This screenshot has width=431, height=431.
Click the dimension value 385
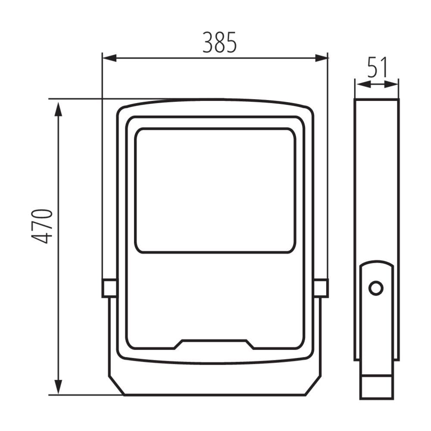[x=220, y=42]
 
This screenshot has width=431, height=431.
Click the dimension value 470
[x=42, y=226]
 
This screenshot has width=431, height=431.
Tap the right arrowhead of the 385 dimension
[x=322, y=58]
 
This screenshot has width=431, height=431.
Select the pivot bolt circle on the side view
[x=376, y=288]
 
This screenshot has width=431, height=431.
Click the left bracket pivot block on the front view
[x=109, y=288]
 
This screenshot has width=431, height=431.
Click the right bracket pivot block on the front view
[x=321, y=288]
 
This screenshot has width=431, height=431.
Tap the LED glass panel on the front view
[x=215, y=190]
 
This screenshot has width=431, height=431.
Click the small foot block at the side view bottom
[x=376, y=387]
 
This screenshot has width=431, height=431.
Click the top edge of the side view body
[x=377, y=100]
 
